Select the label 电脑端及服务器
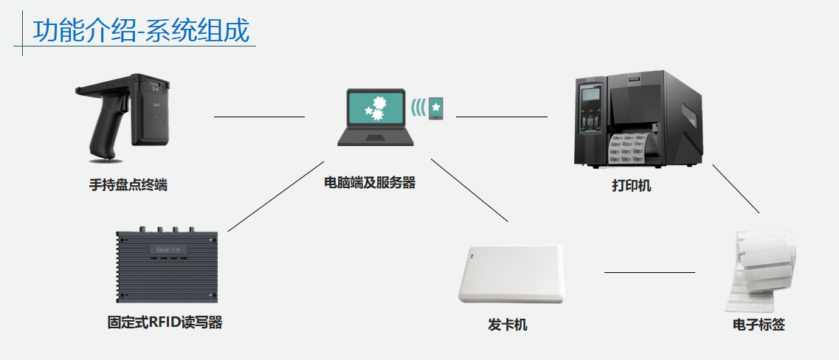point(370,182)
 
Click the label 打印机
point(631,185)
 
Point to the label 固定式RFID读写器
point(165,322)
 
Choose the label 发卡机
point(507,325)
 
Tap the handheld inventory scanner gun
point(125,118)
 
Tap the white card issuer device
point(511,273)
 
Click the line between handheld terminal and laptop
point(259,117)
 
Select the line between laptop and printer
point(502,117)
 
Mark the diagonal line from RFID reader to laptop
point(276,196)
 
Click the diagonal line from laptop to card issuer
point(470,190)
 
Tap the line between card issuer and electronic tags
point(649,272)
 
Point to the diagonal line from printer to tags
point(736,189)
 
